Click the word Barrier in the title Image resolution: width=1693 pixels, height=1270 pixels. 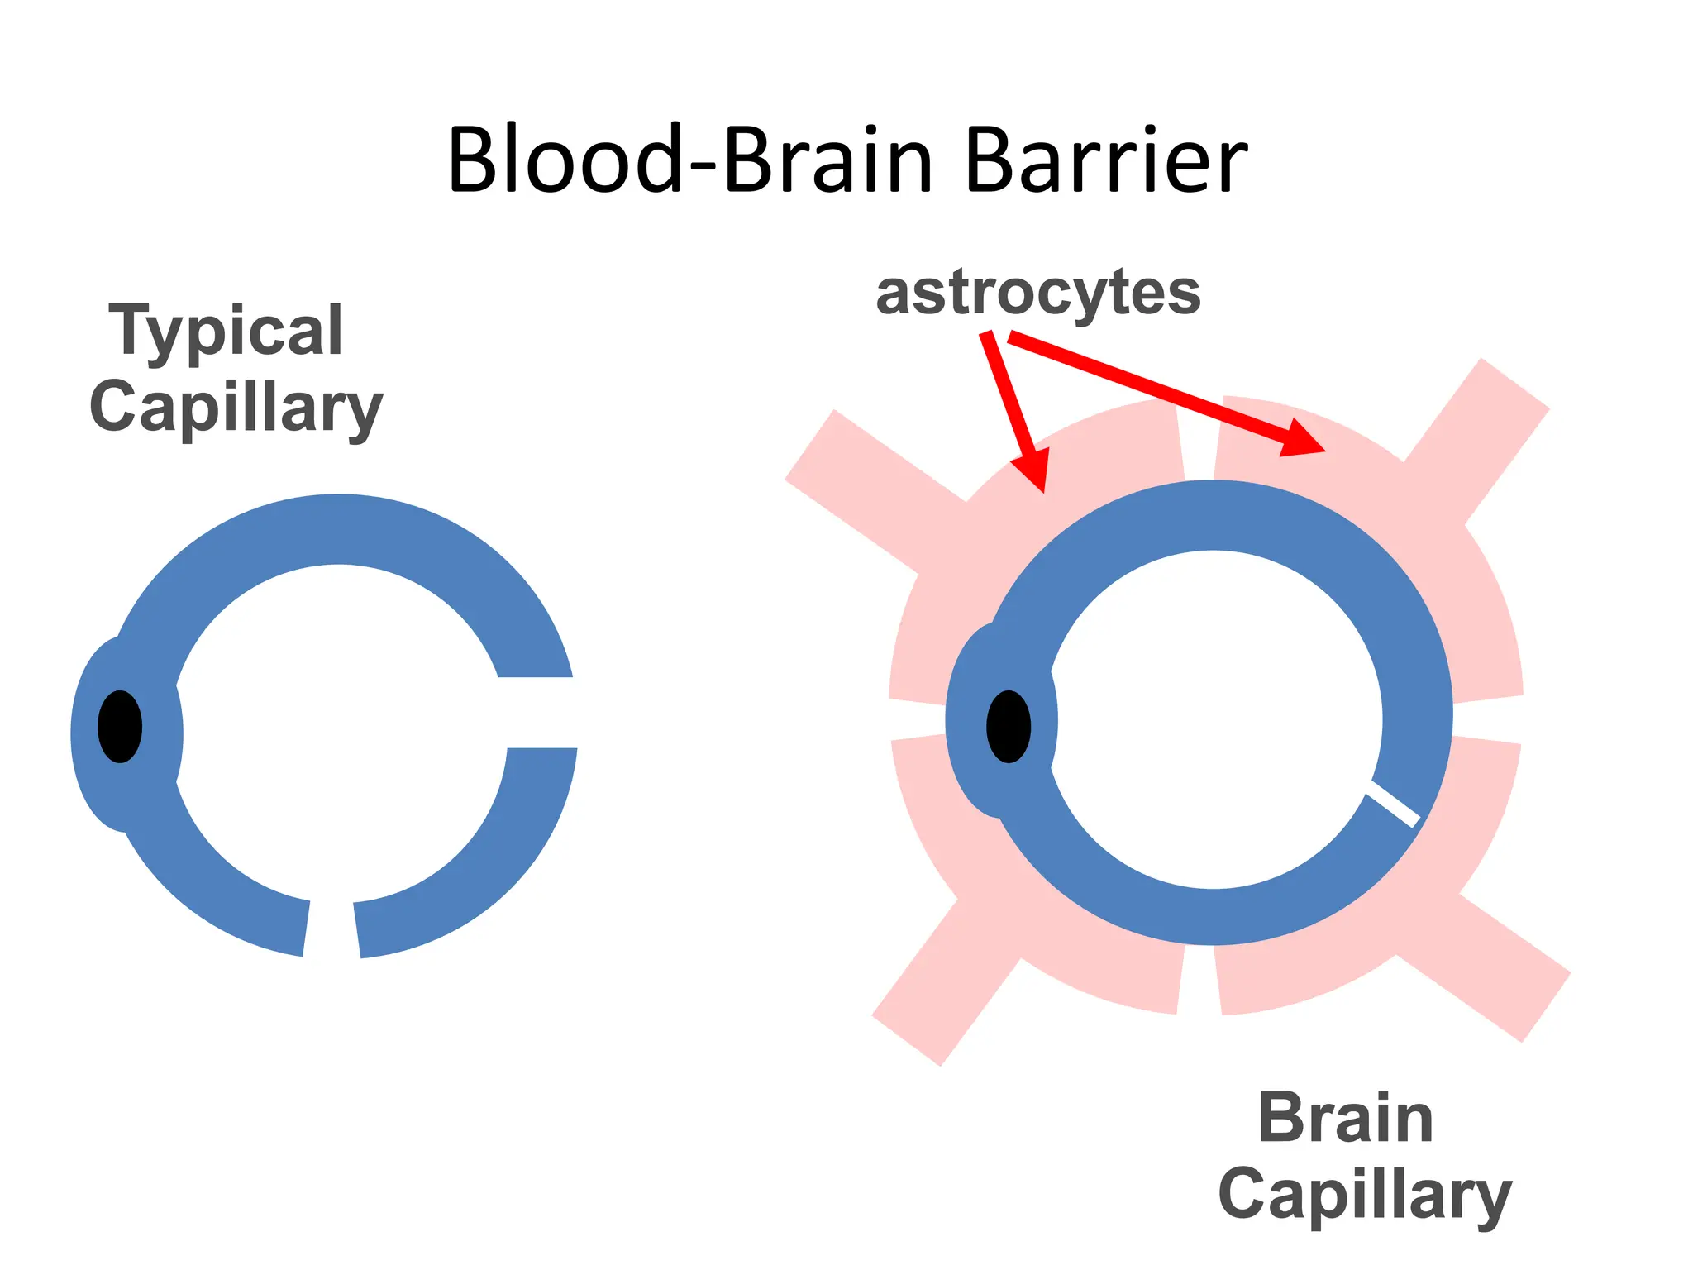click(x=1105, y=160)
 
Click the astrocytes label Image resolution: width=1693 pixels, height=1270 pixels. click(x=1038, y=293)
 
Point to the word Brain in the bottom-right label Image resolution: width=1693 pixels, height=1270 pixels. click(x=1345, y=1119)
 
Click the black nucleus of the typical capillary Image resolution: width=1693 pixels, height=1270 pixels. click(x=120, y=726)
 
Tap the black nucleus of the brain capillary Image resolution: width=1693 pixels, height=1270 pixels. click(x=1009, y=726)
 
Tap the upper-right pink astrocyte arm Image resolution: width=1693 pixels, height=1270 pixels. click(x=1476, y=442)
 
